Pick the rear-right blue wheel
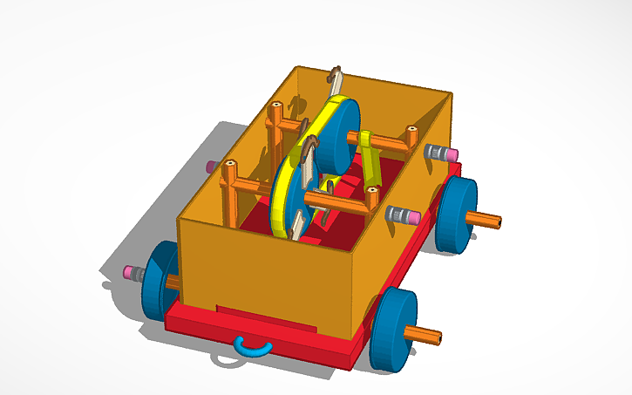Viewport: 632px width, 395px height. pyautogui.click(x=457, y=215)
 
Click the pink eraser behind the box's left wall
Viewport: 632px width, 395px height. pyautogui.click(x=210, y=166)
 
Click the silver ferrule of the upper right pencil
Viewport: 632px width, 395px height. pyautogui.click(x=434, y=153)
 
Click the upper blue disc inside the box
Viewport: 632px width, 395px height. pyautogui.click(x=338, y=135)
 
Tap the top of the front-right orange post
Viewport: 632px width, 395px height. pyautogui.click(x=372, y=188)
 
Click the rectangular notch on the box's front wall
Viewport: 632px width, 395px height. pyautogui.click(x=265, y=317)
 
